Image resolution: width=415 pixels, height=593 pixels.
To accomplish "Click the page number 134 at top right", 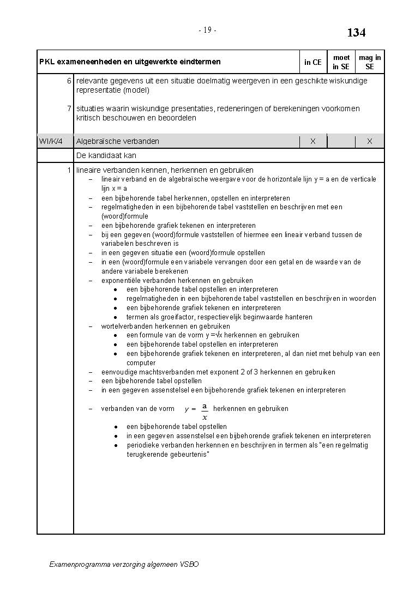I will point(356,33).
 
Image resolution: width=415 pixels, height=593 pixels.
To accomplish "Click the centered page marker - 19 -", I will point(207,31).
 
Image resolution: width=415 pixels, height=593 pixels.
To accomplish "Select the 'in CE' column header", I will point(312,62).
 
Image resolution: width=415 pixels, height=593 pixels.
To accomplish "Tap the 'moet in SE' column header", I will point(341,62).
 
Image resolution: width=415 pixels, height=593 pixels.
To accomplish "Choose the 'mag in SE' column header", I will point(370,62).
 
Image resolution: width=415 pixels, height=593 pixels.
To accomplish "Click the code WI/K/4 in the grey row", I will point(51,141).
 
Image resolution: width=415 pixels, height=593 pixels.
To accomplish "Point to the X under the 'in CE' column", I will point(313,141).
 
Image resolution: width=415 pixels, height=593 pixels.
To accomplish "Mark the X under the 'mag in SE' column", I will point(370,141).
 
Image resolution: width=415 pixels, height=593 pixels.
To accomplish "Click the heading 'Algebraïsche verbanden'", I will point(118,141).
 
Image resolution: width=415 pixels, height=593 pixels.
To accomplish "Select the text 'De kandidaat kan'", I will point(106,155).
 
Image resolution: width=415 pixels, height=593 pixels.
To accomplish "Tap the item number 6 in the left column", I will point(69,81).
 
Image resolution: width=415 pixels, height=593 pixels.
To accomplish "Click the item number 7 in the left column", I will point(69,108).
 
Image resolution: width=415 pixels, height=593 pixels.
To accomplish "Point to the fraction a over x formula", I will point(204,412).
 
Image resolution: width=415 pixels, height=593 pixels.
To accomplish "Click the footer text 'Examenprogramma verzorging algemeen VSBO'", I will point(124,564).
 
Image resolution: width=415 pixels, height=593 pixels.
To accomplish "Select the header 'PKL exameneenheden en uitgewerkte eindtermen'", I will point(130,62).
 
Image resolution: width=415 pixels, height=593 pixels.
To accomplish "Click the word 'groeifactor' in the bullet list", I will point(167,317).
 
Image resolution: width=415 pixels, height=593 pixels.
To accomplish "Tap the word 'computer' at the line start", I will point(141,362).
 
